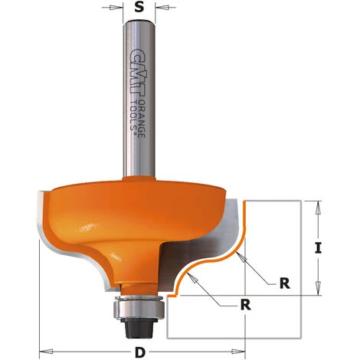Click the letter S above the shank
tap(139, 7)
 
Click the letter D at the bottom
tap(139, 353)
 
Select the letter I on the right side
tap(318, 248)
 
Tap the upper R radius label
tap(285, 283)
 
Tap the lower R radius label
tap(246, 305)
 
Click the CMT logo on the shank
tap(139, 74)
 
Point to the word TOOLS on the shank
tap(133, 116)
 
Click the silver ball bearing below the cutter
tap(139, 308)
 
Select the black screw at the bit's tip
tap(135, 329)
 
